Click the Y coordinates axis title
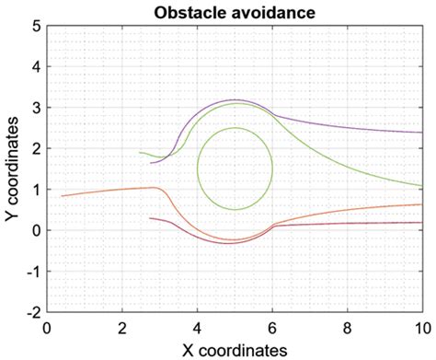click(12, 169)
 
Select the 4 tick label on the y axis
click(34, 66)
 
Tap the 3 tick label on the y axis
click(34, 108)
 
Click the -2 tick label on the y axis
click(30, 312)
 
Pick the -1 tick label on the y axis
click(30, 272)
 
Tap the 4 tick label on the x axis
click(197, 325)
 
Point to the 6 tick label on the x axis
click(272, 325)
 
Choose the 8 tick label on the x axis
click(348, 325)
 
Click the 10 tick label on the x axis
click(421, 325)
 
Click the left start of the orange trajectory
click(62, 196)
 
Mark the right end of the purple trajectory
click(422, 133)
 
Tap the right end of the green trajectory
click(422, 185)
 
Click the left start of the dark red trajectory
click(149, 218)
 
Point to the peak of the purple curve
click(235, 99)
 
